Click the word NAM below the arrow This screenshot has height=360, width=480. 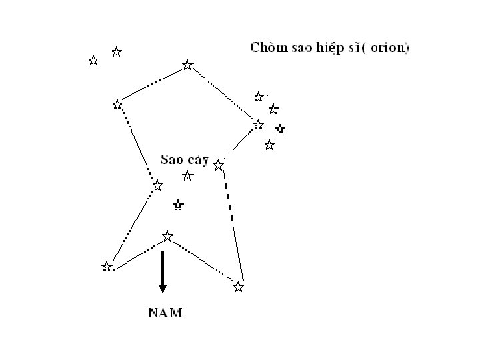click(x=165, y=312)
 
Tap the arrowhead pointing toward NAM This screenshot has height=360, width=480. click(x=163, y=287)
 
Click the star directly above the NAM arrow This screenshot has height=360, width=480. click(x=167, y=236)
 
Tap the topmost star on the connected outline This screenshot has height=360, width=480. click(x=188, y=65)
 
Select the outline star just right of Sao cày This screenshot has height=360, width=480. click(x=219, y=165)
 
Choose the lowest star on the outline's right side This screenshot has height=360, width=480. click(x=239, y=287)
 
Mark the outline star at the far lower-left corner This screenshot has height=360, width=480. click(x=107, y=267)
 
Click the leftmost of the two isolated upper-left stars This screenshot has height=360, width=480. click(x=93, y=61)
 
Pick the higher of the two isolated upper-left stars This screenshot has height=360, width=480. click(x=117, y=51)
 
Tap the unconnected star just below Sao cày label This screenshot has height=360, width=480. click(x=188, y=176)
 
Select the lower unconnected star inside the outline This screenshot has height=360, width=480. click(x=178, y=206)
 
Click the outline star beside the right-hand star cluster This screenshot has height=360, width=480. click(x=259, y=124)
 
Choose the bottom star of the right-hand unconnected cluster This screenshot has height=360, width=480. click(x=269, y=144)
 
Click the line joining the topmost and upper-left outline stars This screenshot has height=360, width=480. click(x=152, y=85)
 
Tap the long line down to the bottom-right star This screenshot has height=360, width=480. click(x=233, y=225)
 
